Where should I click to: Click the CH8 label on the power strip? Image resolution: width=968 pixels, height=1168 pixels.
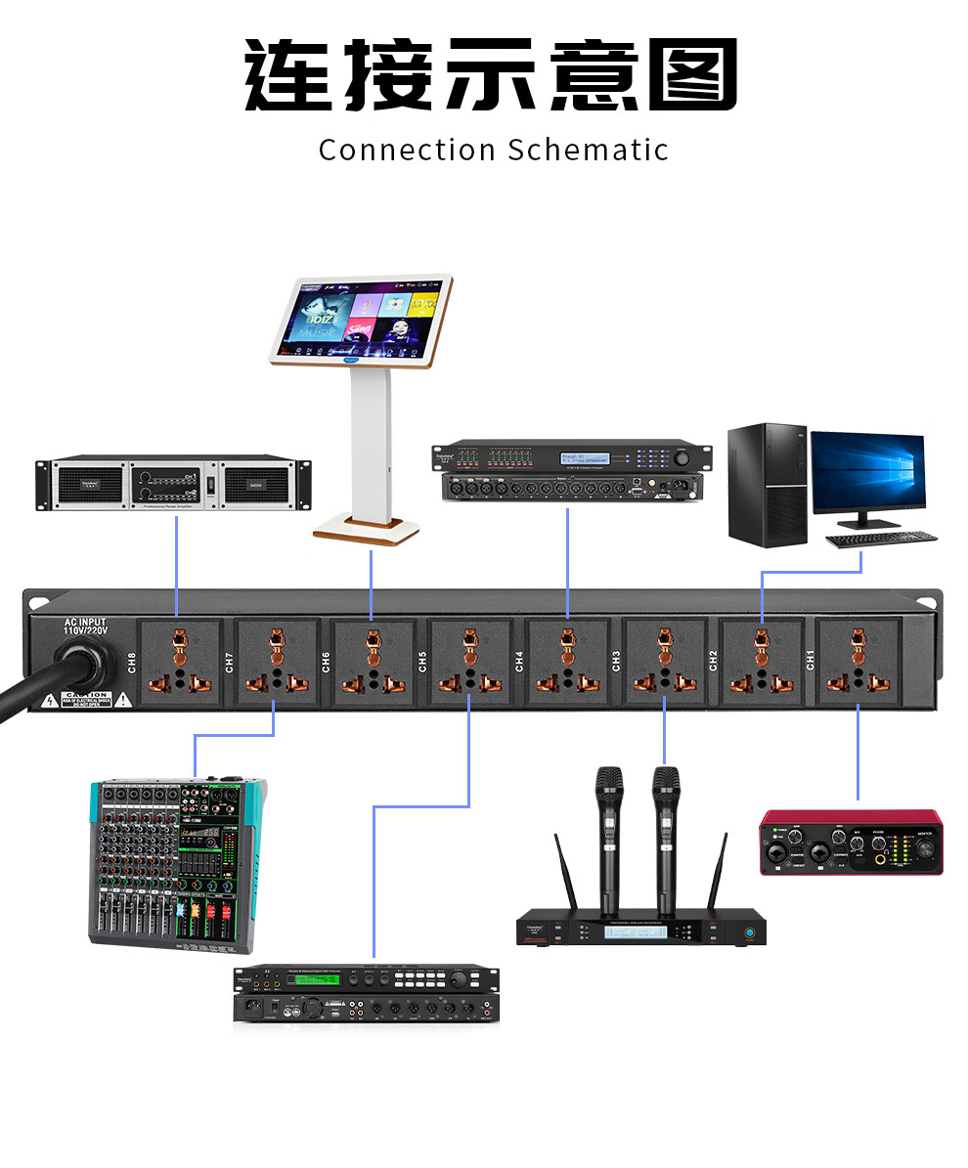coord(132,662)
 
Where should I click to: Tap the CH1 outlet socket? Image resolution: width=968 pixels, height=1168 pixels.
coord(858,662)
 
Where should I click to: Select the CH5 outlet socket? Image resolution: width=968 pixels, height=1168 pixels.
coord(469,662)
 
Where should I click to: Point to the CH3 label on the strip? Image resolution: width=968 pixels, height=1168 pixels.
coord(616,662)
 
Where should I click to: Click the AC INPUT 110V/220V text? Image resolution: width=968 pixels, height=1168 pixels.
coord(85,627)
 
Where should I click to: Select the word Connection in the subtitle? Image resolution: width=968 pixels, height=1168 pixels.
coord(407,151)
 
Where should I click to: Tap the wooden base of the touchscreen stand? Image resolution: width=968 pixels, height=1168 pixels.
coord(367,532)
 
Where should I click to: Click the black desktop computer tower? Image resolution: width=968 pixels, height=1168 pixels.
coord(769,484)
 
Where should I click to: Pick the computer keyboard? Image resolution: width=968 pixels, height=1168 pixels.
coord(881,539)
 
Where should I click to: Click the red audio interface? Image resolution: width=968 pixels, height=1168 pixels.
coord(851,842)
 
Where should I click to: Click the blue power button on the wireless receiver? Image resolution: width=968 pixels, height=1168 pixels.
coord(751,932)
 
